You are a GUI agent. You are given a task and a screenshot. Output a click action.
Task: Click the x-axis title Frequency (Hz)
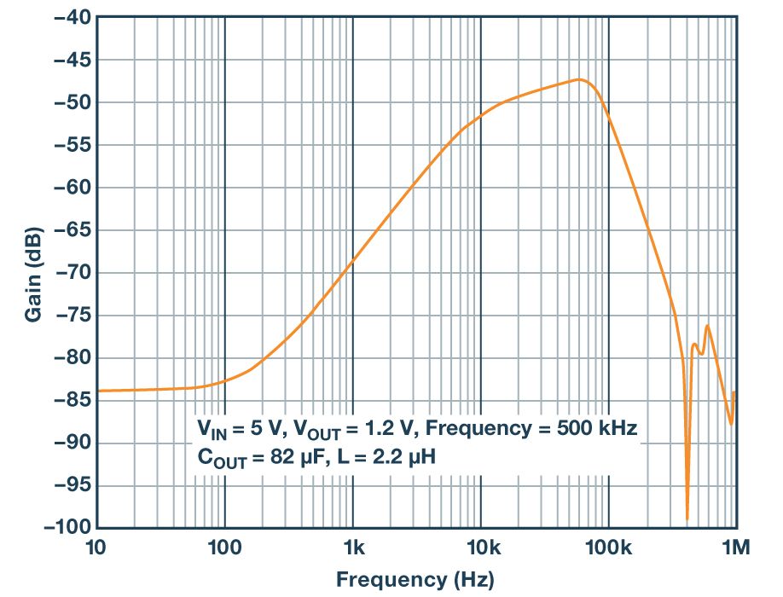click(x=415, y=580)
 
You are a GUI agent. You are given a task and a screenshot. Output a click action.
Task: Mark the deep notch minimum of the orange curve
click(x=687, y=518)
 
